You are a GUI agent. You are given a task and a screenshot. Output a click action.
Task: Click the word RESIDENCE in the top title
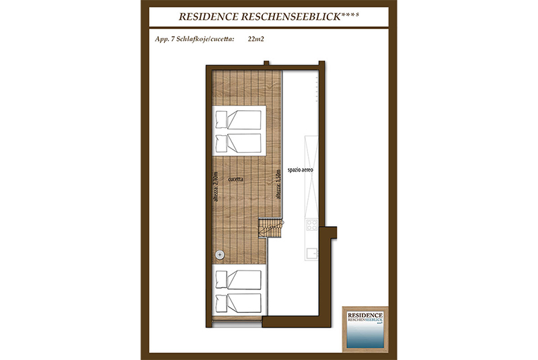click(208, 17)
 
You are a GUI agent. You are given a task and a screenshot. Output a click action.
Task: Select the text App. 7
click(165, 39)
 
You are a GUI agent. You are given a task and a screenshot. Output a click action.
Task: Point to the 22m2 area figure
click(256, 39)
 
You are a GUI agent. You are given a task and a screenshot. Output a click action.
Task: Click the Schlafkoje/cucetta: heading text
click(206, 39)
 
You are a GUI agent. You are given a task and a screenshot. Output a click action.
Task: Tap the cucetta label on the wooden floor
click(236, 179)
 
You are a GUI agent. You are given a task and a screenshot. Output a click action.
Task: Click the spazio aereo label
click(300, 170)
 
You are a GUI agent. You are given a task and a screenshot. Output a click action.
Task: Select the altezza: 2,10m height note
click(216, 186)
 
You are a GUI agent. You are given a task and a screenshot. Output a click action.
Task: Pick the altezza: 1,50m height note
click(278, 184)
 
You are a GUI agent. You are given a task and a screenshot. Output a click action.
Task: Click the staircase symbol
click(271, 228)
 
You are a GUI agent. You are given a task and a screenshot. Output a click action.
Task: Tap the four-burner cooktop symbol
click(311, 225)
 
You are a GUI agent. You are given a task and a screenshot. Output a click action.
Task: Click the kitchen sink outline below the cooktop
click(311, 254)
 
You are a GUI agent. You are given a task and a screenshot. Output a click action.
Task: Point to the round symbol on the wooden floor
click(220, 254)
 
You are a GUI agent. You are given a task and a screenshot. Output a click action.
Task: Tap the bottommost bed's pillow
click(221, 302)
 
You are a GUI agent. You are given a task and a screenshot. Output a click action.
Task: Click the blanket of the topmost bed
click(244, 120)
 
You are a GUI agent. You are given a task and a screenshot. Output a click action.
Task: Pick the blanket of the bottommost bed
click(244, 302)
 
